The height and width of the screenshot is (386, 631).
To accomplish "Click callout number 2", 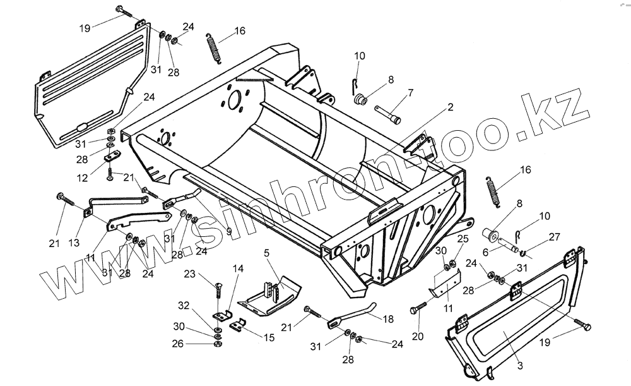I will pyautogui.click(x=451, y=108).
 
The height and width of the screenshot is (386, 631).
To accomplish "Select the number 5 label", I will pyautogui.click(x=267, y=253).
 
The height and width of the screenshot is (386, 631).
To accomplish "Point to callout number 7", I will pyautogui.click(x=410, y=93).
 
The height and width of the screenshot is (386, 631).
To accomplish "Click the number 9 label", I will pyautogui.click(x=228, y=231).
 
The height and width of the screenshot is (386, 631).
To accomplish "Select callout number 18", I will pyautogui.click(x=387, y=320).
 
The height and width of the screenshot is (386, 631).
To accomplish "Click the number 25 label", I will pyautogui.click(x=463, y=238).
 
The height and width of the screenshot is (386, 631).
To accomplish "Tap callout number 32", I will pyautogui.click(x=184, y=305).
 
